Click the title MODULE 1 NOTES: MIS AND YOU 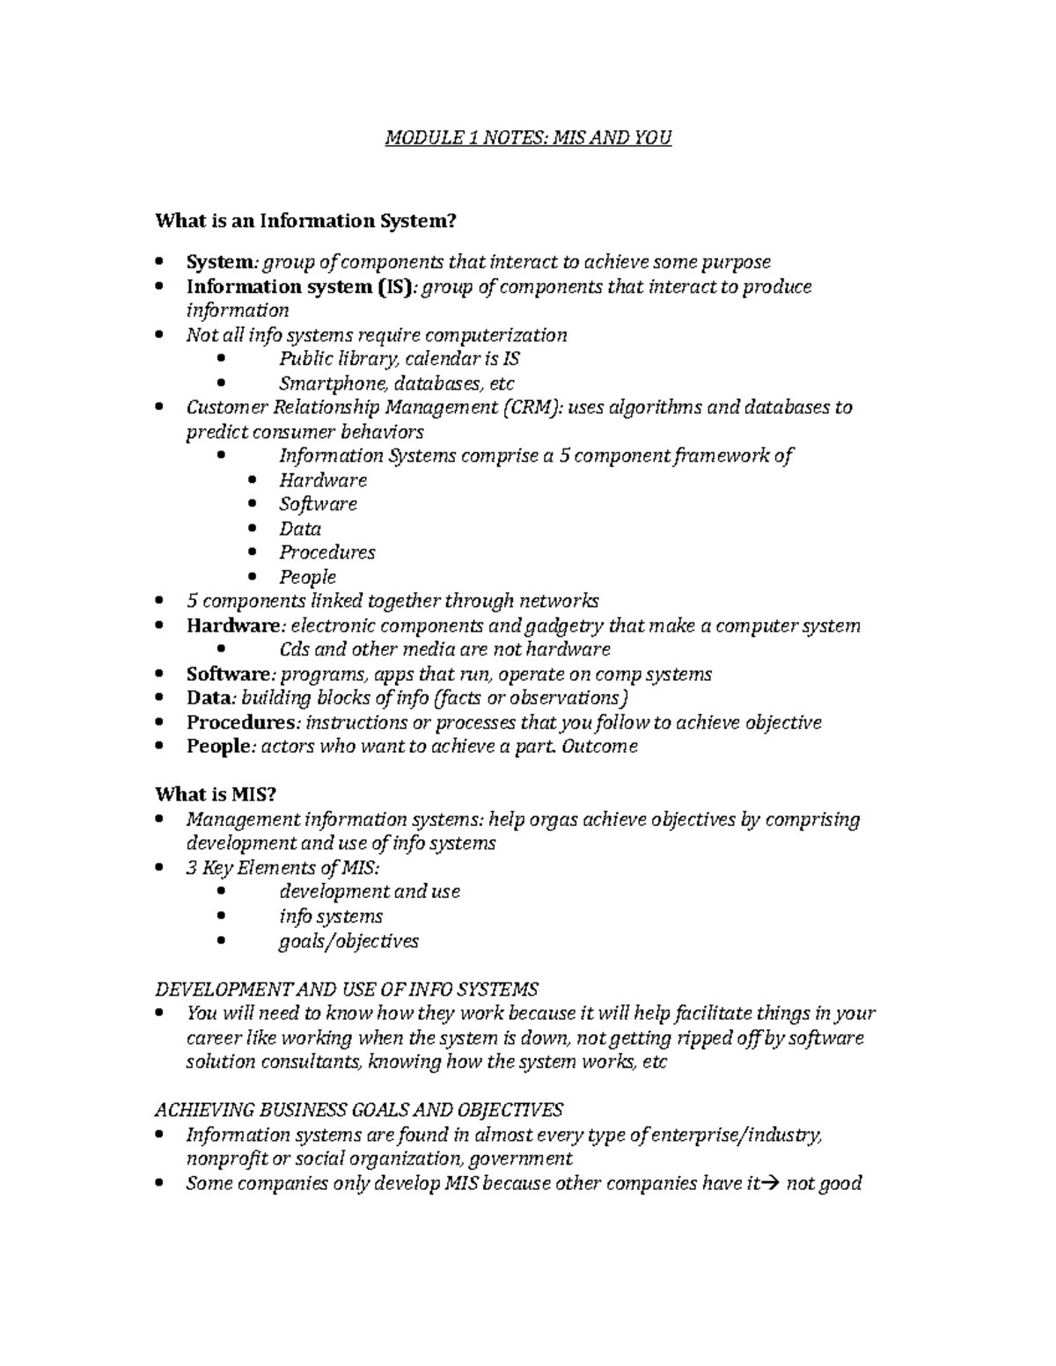528,138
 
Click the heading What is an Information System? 305,221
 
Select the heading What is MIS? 216,794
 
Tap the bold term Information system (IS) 298,287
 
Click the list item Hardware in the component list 323,480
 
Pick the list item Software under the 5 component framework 318,504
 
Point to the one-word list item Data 300,529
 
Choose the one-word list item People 307,577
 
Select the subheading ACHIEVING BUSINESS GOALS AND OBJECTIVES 358,1109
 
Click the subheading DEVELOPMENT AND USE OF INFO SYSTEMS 347,988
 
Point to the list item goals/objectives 348,941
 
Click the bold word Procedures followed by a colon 240,722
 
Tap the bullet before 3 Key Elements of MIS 158,868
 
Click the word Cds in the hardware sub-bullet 293,649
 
